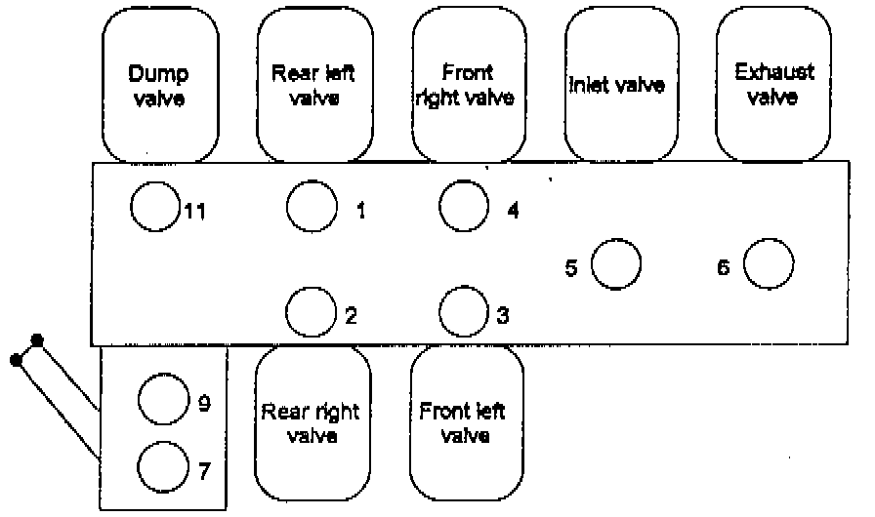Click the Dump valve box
click(x=158, y=86)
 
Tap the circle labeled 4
click(x=464, y=205)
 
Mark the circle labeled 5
click(x=616, y=265)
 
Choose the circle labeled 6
click(x=769, y=264)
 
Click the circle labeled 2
click(x=312, y=312)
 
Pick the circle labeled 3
click(x=464, y=312)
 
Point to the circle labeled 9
click(x=162, y=399)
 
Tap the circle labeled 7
click(x=162, y=467)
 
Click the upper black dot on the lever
click(x=37, y=339)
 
